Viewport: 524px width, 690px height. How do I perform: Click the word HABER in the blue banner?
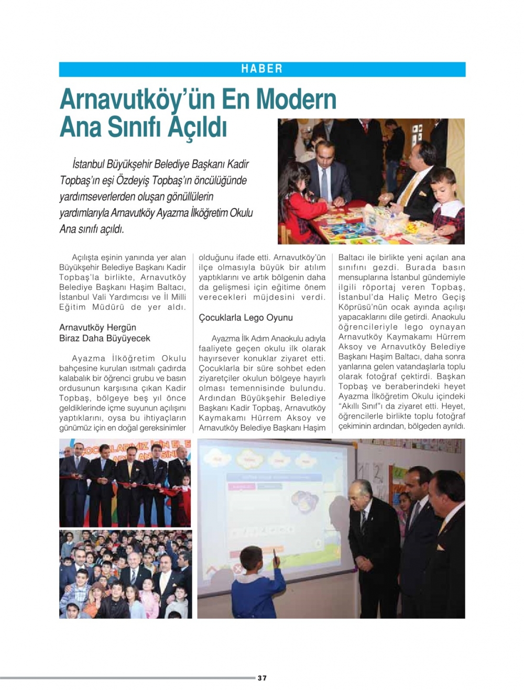(262, 69)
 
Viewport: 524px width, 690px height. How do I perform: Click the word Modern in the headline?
(296, 99)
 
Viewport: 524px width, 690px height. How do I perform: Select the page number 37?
(262, 678)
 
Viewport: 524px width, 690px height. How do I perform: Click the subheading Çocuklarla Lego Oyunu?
(246, 317)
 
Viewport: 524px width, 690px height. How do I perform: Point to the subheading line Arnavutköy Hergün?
(97, 327)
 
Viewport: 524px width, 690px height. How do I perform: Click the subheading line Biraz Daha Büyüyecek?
(105, 338)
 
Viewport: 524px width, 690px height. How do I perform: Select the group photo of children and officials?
(125, 574)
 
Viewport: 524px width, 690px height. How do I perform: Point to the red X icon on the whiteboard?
(237, 568)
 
